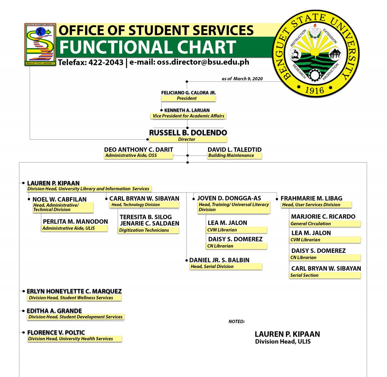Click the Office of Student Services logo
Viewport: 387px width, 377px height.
pyautogui.click(x=40, y=44)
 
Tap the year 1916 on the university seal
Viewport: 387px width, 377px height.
pyautogui.click(x=315, y=91)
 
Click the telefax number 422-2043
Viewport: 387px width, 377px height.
pyautogui.click(x=106, y=63)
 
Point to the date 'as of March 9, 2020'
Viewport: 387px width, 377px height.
pyautogui.click(x=242, y=79)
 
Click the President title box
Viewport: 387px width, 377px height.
pyautogui.click(x=188, y=98)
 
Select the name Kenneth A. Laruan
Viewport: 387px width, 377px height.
pyautogui.click(x=187, y=110)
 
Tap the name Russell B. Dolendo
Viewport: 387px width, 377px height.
pyautogui.click(x=188, y=133)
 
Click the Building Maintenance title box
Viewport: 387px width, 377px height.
pyautogui.click(x=234, y=155)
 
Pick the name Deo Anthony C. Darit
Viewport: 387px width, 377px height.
pyautogui.click(x=138, y=150)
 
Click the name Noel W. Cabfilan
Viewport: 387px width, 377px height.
pyautogui.click(x=59, y=199)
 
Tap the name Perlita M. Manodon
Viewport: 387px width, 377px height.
pyautogui.click(x=75, y=222)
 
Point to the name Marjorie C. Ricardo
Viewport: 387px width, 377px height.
pyautogui.click(x=323, y=216)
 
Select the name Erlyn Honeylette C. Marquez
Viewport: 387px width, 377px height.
pyautogui.click(x=74, y=291)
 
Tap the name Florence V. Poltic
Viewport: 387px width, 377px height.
pyautogui.click(x=56, y=332)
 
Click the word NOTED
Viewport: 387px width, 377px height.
pyautogui.click(x=236, y=322)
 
